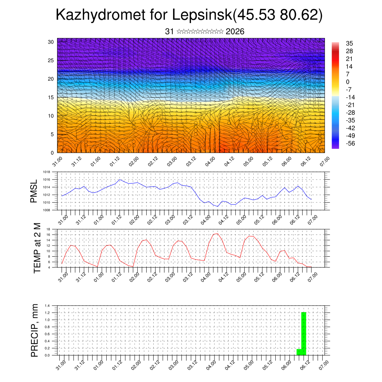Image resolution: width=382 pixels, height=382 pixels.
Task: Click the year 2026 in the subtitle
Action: [x=235, y=32]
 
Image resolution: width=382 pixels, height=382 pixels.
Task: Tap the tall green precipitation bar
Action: [x=304, y=334]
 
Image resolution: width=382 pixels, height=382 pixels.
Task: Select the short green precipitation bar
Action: [x=299, y=352]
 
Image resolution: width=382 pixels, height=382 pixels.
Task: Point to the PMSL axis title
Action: [x=34, y=191]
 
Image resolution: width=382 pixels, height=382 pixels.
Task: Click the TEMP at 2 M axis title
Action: [x=37, y=248]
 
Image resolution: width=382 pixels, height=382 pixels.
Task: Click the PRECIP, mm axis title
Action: [x=35, y=330]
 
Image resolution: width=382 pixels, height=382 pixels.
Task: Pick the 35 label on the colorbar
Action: [x=350, y=44]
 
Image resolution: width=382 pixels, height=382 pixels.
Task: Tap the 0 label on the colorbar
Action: [x=348, y=82]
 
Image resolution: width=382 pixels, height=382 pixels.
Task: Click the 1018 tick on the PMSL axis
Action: [x=46, y=172]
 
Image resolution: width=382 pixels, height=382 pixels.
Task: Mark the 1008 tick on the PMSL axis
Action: [x=46, y=210]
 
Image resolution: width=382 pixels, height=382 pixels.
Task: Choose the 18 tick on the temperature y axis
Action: [x=48, y=229]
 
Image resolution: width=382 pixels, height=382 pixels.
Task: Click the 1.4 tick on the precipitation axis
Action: [x=47, y=306]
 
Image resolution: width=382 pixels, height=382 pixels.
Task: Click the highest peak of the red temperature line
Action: [x=217, y=234]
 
